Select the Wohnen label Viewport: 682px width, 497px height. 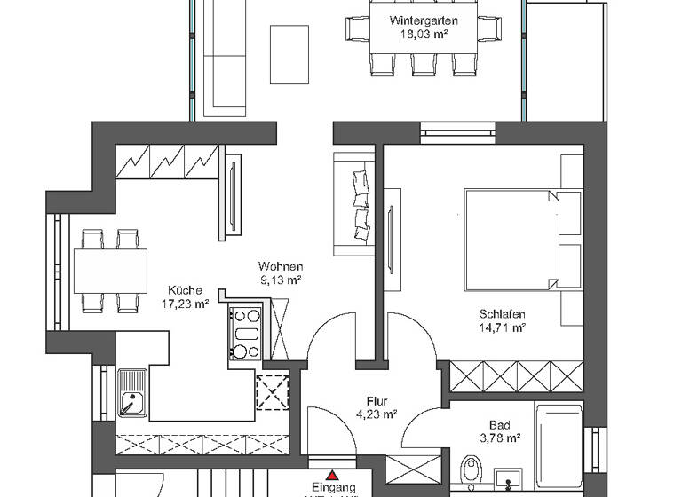[x=281, y=266]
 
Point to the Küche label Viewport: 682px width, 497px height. [x=186, y=290]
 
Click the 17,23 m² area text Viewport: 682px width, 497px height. [x=186, y=304]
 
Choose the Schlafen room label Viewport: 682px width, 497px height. [x=503, y=314]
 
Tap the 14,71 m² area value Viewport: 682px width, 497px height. [x=503, y=327]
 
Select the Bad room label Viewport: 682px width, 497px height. [x=499, y=424]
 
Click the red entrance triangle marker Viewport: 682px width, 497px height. [x=333, y=476]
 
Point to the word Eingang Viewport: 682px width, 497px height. [x=334, y=488]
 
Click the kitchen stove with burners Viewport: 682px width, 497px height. [x=245, y=333]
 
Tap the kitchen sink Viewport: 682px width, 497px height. [x=133, y=392]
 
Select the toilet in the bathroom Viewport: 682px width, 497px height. [x=471, y=469]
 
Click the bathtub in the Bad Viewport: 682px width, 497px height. [x=559, y=444]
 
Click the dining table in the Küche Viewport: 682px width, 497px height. [x=110, y=270]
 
